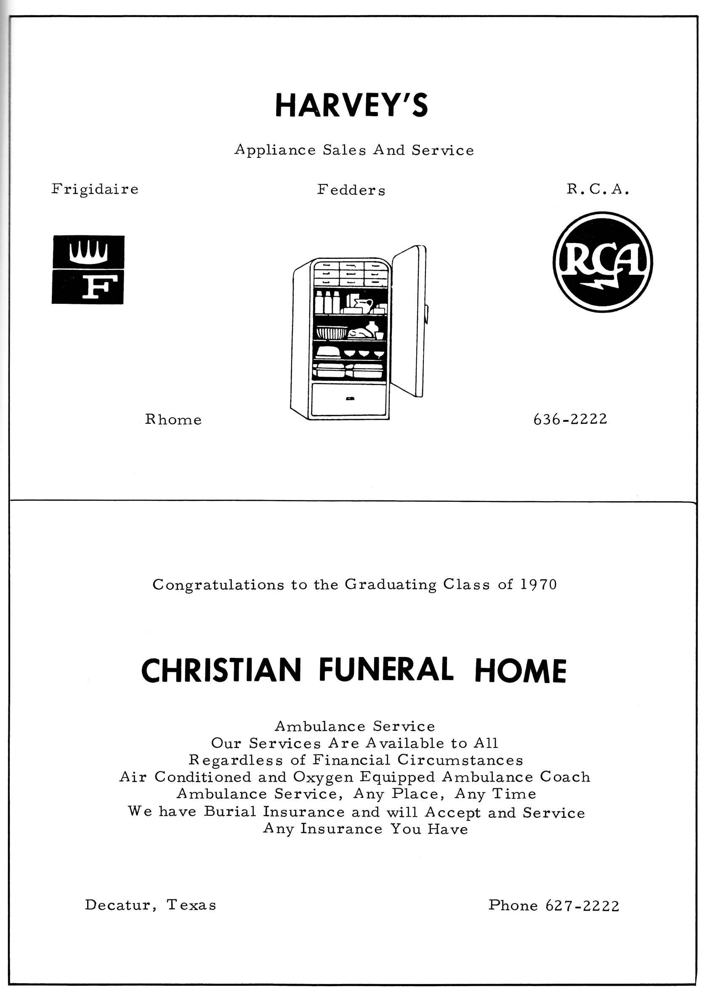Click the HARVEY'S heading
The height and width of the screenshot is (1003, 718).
click(351, 105)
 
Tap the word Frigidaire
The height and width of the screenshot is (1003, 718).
click(95, 190)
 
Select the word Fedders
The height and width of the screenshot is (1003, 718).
click(351, 191)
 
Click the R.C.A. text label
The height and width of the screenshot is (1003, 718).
click(598, 190)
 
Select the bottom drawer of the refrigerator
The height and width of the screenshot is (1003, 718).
click(349, 399)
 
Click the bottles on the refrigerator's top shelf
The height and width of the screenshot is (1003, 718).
click(327, 302)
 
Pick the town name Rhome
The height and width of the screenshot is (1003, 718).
click(173, 420)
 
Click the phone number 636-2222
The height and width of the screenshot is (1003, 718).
click(570, 419)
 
